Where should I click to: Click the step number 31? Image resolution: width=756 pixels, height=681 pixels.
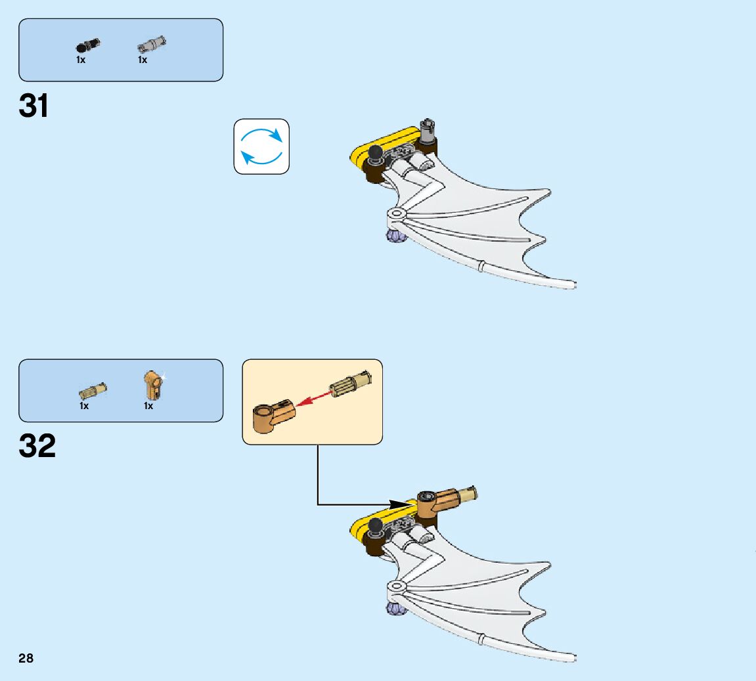pyautogui.click(x=34, y=106)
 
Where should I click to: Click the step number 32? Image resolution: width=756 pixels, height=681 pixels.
pyautogui.click(x=37, y=447)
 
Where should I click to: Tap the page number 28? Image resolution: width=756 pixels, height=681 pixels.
pyautogui.click(x=26, y=658)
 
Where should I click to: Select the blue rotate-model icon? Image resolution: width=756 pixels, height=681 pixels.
pyautogui.click(x=261, y=146)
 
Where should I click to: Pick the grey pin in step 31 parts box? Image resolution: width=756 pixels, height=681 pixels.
pyautogui.click(x=152, y=45)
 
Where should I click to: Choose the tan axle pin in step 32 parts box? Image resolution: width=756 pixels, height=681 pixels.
pyautogui.click(x=93, y=391)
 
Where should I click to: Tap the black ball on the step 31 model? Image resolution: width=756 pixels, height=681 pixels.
pyautogui.click(x=376, y=154)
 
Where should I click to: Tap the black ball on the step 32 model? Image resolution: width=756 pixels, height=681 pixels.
pyautogui.click(x=376, y=525)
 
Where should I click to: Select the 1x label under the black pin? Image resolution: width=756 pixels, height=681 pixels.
pyautogui.click(x=81, y=60)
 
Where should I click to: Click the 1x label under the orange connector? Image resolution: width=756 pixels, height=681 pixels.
pyautogui.click(x=148, y=406)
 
